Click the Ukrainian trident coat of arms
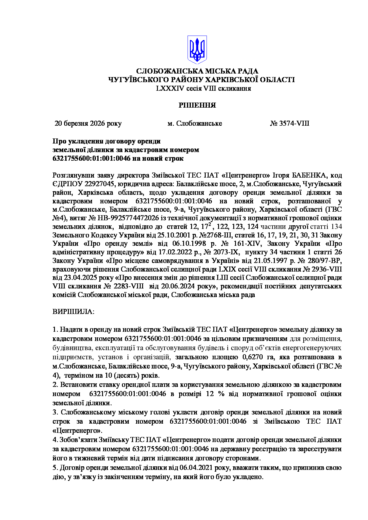click(197, 50)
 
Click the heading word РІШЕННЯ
click(197, 105)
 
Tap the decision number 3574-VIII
click(294, 123)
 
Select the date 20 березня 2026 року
click(88, 123)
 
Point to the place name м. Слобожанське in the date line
click(195, 123)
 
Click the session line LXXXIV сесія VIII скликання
click(204, 88)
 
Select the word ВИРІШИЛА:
click(73, 312)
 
